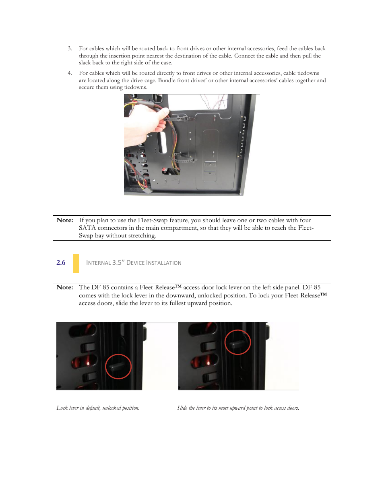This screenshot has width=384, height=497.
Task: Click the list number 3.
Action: point(70,49)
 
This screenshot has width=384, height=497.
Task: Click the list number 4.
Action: point(70,73)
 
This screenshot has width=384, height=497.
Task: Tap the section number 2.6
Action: point(61,263)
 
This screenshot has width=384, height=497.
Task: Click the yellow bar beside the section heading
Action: point(76,264)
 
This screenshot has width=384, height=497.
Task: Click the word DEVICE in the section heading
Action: point(135,263)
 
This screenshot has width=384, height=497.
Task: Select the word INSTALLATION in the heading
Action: point(164,263)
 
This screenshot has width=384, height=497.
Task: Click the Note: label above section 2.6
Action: point(65,220)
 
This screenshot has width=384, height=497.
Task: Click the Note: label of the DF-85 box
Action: point(65,287)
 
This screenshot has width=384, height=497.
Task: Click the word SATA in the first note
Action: point(87,228)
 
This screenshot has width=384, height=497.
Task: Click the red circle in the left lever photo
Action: point(118,366)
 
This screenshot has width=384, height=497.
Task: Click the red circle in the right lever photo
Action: point(237,342)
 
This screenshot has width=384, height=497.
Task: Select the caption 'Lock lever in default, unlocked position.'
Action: point(98,408)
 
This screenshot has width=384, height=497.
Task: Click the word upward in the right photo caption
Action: point(237,408)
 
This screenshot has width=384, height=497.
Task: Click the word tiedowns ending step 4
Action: point(135,87)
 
